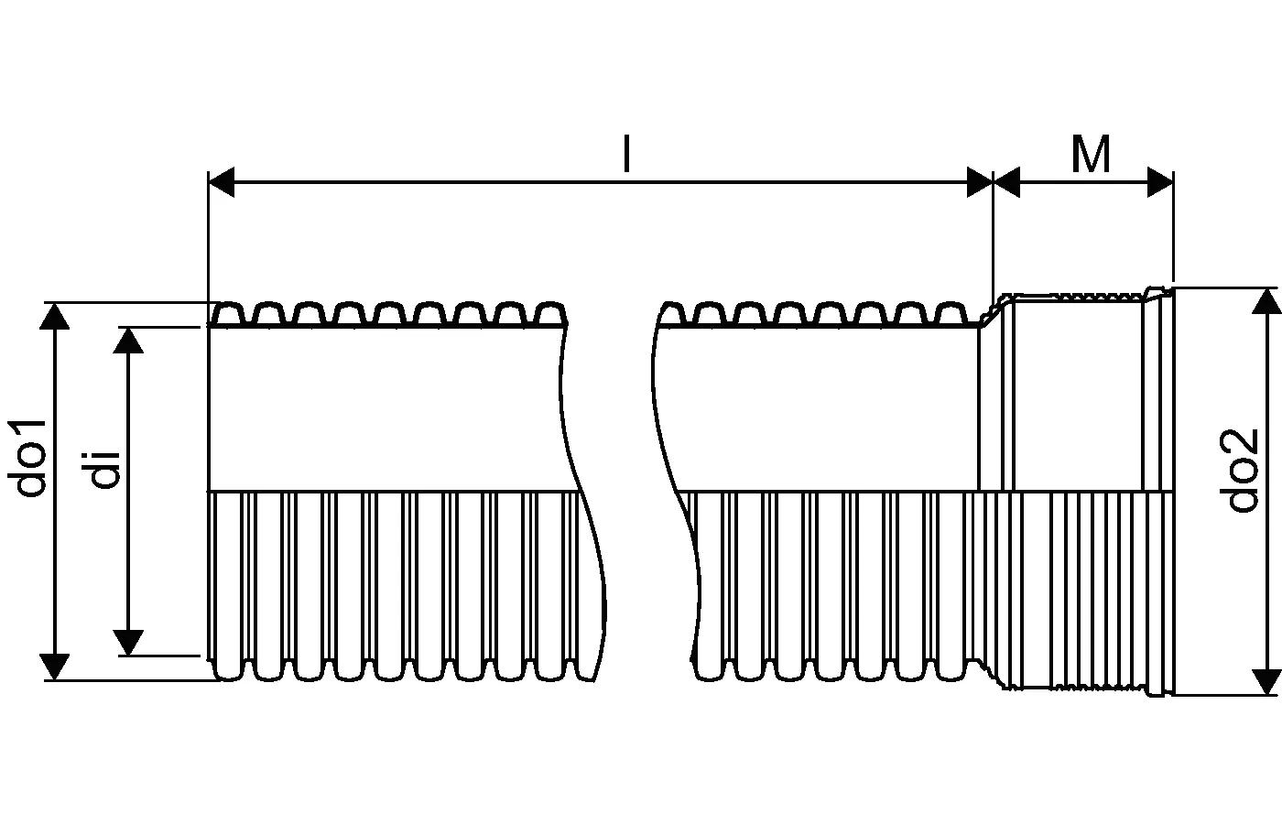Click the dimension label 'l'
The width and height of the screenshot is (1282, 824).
[626, 154]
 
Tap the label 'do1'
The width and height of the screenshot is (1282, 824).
[32, 458]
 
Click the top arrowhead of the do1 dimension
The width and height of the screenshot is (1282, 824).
[56, 316]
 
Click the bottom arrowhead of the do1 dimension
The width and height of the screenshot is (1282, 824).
[56, 667]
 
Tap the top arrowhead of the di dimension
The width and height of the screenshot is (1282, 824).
[129, 340]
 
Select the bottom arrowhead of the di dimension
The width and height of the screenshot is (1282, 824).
[129, 642]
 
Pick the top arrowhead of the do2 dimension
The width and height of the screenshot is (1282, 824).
[1266, 301]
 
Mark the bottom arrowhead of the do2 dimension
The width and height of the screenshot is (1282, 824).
[1266, 681]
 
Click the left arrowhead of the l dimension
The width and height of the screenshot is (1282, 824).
[223, 182]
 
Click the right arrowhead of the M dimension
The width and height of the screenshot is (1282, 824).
[1160, 182]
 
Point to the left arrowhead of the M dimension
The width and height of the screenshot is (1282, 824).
[1007, 182]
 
